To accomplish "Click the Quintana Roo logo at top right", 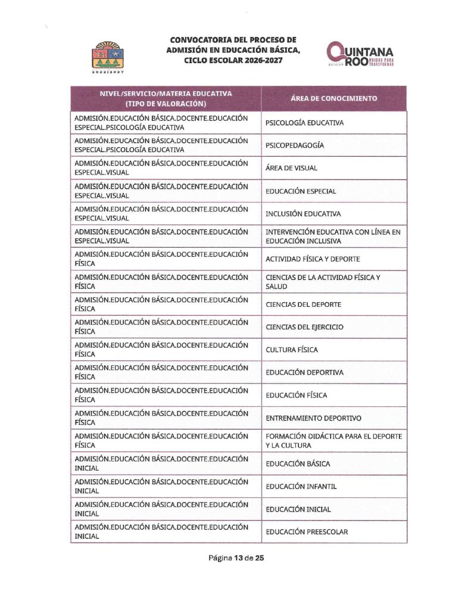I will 359,55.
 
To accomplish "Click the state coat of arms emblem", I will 108,55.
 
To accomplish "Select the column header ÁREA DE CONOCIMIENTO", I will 333,98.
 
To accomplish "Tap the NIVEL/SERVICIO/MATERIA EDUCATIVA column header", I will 166,98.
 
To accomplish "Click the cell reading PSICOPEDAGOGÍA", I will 295,145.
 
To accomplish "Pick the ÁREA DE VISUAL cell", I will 291,169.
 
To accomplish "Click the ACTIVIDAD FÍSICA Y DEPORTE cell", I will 313,259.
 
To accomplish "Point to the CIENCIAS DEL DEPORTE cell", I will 303,304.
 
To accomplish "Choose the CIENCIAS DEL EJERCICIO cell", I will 304,327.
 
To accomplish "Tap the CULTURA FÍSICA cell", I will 292,350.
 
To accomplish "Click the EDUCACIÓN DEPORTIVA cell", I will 304,372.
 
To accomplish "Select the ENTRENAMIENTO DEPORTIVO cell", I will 313,418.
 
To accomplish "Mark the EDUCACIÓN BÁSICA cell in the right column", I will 298,463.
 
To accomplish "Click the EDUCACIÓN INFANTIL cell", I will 301,486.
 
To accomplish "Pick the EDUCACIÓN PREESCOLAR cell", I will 307,531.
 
